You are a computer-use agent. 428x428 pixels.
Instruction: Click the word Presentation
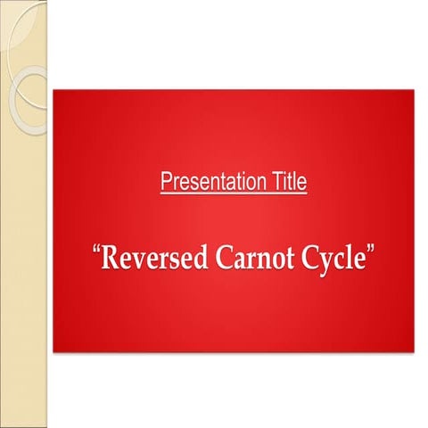coord(212,184)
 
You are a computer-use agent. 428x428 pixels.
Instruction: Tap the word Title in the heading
coord(287,184)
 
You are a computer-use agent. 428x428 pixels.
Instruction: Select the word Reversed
coord(152,259)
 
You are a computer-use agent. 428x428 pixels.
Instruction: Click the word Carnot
coord(251,259)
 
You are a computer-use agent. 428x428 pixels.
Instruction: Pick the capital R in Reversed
coord(112,259)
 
